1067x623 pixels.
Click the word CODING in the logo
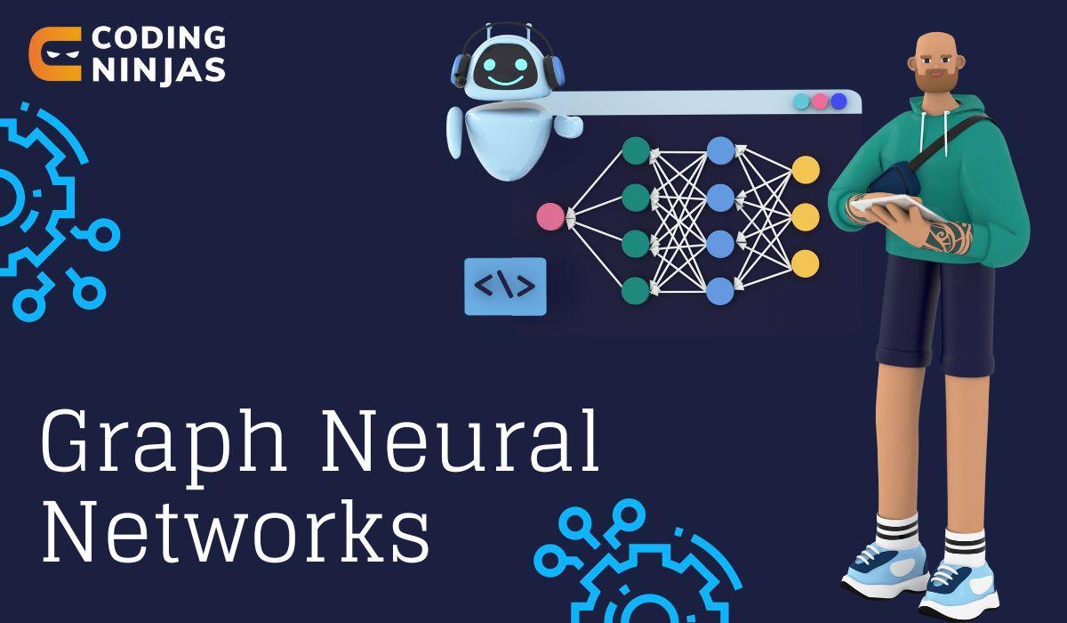158,39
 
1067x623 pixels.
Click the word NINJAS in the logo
158,70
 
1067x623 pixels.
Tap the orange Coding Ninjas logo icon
55,54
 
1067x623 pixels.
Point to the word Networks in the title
236,533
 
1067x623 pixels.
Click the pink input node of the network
550,216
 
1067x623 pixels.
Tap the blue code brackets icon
505,286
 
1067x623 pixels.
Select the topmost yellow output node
805,170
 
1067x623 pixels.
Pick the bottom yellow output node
805,263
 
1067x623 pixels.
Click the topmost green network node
636,150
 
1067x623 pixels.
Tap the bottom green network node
636,289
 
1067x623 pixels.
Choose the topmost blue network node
720,150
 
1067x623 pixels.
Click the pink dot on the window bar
820,101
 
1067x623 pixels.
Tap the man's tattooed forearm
943,236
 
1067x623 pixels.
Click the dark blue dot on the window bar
838,101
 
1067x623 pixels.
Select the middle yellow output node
805,216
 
